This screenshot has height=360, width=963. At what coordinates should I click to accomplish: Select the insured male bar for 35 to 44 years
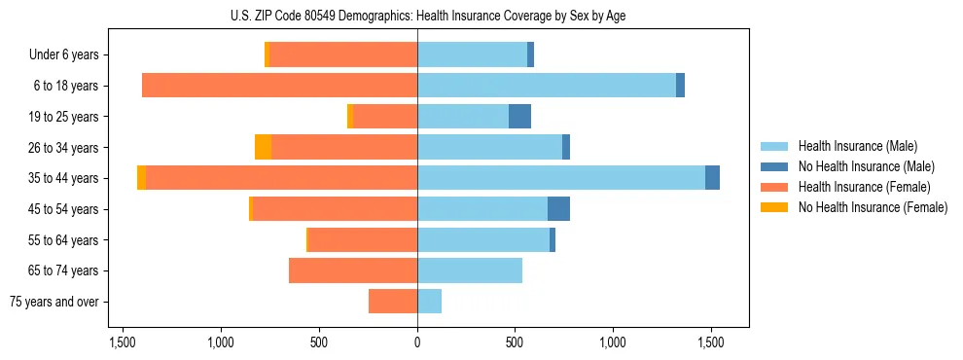coord(561,178)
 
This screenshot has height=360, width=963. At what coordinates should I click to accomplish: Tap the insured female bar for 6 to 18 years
coord(279,86)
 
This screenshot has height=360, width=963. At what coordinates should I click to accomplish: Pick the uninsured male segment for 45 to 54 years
coord(558,209)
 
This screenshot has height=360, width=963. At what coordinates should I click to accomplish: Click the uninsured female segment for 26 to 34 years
coord(263,147)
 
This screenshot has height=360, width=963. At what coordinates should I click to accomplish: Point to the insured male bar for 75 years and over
coord(429,302)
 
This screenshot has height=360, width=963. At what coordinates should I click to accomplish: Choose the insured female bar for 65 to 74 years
coord(353,270)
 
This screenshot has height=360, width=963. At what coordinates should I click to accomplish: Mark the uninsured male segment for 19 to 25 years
coord(519,117)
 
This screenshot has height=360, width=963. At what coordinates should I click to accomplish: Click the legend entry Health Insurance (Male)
coord(858,146)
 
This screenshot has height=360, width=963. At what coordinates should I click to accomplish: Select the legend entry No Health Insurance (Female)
coord(873,207)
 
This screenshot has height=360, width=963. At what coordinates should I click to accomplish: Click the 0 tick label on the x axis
coord(417,342)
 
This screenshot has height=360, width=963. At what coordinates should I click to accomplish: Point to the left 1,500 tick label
coord(123,342)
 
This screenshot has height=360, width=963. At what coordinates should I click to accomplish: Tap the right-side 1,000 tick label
coord(613,342)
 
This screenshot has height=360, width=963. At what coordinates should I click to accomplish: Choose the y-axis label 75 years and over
coord(54,302)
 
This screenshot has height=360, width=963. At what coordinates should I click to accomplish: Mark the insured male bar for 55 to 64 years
coord(483,240)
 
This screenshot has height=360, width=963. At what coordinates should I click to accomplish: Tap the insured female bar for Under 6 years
coord(343,54)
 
